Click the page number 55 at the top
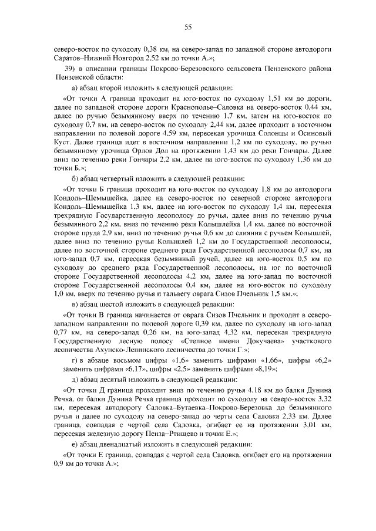188,26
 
